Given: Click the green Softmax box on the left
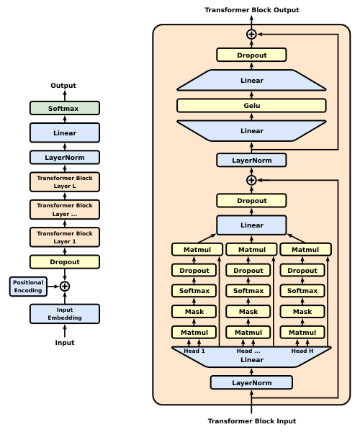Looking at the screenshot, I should pyautogui.click(x=64, y=108).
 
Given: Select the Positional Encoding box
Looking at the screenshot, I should pyautogui.click(x=28, y=287).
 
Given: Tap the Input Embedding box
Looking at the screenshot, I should pyautogui.click(x=64, y=314).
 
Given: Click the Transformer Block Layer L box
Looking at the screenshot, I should pyautogui.click(x=64, y=181).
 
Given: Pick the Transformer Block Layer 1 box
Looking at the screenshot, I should pyautogui.click(x=64, y=237).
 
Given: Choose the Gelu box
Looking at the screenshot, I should pyautogui.click(x=251, y=106).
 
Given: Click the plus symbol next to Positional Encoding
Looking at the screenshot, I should pyautogui.click(x=65, y=287).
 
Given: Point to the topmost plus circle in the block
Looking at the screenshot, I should pyautogui.click(x=251, y=34).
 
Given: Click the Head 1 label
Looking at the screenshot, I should pyautogui.click(x=194, y=351).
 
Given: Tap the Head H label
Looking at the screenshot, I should pyautogui.click(x=302, y=351).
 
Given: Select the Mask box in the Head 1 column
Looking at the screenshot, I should pyautogui.click(x=194, y=312).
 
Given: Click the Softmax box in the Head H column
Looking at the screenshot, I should pyautogui.click(x=302, y=291).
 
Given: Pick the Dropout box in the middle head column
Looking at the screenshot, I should pyautogui.click(x=248, y=271).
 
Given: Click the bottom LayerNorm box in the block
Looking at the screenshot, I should pyautogui.click(x=251, y=382).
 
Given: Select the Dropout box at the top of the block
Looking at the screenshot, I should pyautogui.click(x=251, y=55).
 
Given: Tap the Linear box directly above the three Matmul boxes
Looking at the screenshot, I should pyautogui.click(x=251, y=225).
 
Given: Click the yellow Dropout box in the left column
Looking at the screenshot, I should pyautogui.click(x=64, y=262).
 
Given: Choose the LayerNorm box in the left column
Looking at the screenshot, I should pyautogui.click(x=64, y=157).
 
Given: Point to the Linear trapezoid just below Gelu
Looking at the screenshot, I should pyautogui.click(x=251, y=131).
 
